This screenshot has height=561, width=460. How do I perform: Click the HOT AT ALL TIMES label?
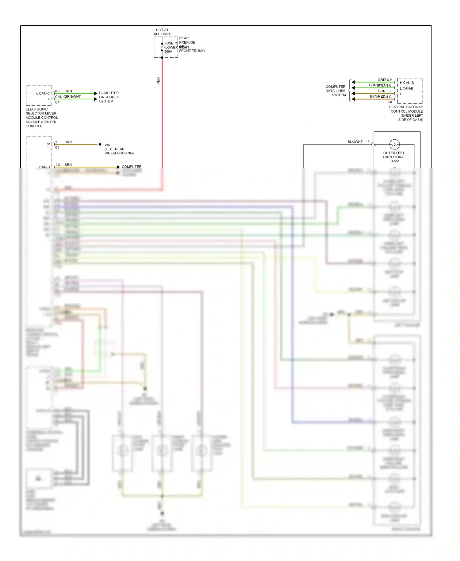point(162,32)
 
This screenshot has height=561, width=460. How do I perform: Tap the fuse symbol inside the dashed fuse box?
point(162,47)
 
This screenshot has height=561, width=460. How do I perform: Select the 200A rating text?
point(168,52)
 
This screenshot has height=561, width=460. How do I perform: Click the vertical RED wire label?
point(158,81)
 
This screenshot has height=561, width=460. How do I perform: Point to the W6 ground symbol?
point(101,144)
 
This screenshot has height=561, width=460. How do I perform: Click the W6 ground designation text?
point(107,145)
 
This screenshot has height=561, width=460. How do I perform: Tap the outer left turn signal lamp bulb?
point(394,144)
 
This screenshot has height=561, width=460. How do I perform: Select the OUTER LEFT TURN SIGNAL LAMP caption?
point(394,157)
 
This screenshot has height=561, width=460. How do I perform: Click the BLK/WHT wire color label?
point(355,142)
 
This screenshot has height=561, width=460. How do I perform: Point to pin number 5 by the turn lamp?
point(369,142)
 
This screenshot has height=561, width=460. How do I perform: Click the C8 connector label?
point(389,102)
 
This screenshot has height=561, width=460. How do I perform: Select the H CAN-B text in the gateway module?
point(407,83)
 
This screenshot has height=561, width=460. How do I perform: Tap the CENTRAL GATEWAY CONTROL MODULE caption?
point(406,113)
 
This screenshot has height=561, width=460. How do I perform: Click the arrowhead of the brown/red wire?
point(353,99)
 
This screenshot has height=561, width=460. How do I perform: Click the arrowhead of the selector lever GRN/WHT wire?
point(96,99)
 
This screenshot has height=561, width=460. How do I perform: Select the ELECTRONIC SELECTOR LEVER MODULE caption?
point(41,118)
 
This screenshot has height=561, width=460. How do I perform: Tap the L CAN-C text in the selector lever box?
point(43,93)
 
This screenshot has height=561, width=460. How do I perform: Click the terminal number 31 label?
point(48,144)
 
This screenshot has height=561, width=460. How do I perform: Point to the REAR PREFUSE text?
point(187,40)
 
